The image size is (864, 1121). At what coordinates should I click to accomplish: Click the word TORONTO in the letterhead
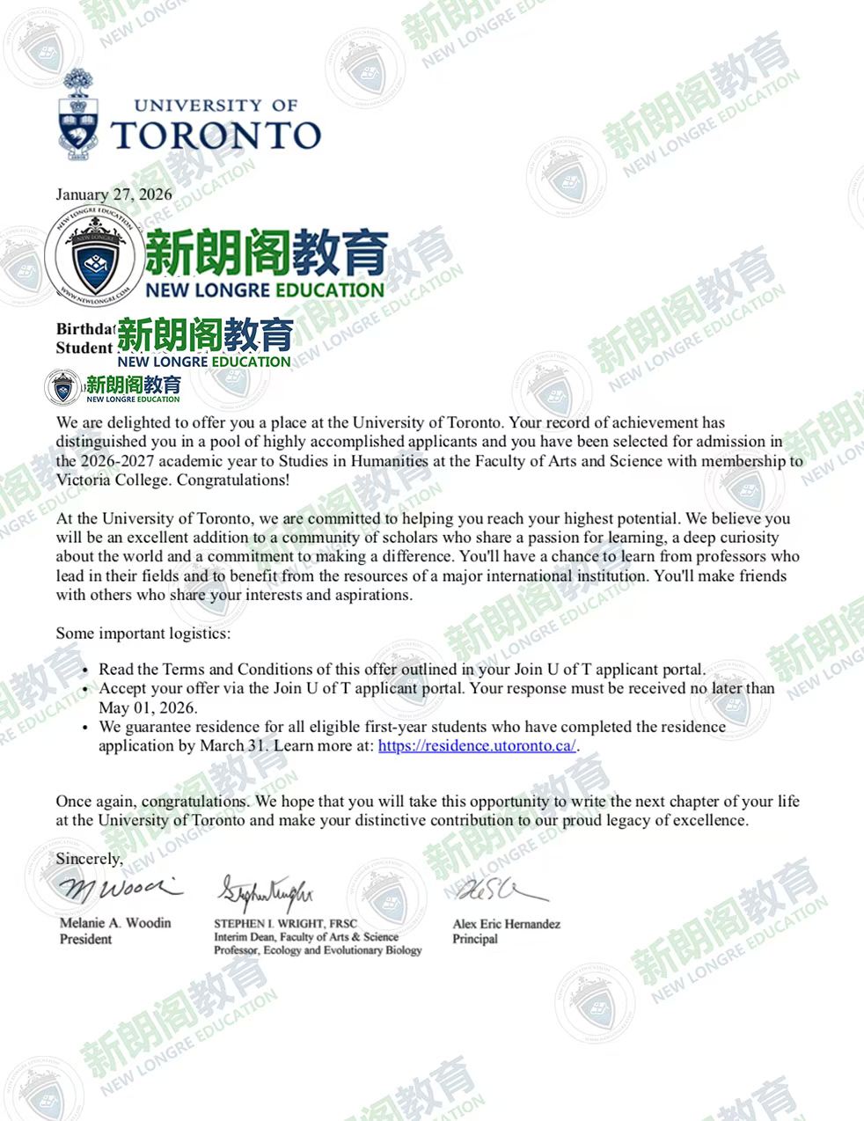tap(216, 136)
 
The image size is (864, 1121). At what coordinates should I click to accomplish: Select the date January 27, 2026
tap(113, 194)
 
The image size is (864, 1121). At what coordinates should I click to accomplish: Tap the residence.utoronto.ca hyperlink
tap(477, 745)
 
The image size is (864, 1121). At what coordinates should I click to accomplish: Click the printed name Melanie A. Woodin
tap(115, 923)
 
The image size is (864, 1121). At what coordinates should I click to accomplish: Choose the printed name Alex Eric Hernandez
tap(506, 924)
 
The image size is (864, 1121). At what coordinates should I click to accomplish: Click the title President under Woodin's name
tap(85, 939)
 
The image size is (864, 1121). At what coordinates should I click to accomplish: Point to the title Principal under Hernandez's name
tap(475, 939)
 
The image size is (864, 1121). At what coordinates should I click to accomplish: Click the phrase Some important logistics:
tap(143, 633)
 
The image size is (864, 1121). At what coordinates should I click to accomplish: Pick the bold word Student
tap(84, 348)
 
